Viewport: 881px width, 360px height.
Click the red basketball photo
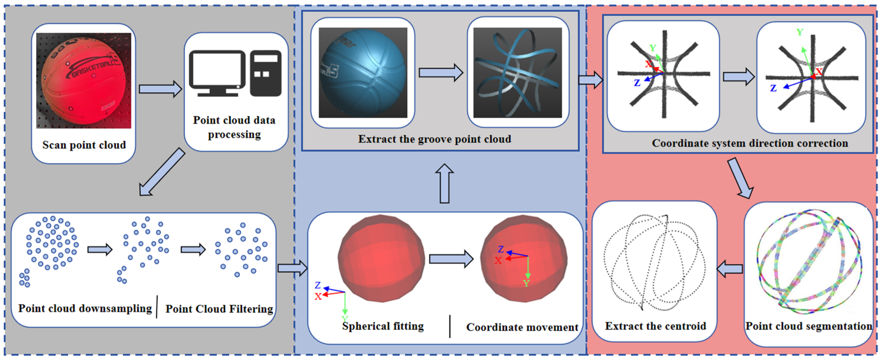(84, 81)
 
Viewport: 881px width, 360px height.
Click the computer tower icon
(266, 73)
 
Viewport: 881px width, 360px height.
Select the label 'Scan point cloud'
(84, 145)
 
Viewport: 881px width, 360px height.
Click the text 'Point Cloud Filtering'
(219, 309)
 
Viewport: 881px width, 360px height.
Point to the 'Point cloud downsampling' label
(85, 308)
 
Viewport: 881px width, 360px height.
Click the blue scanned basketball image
(363, 73)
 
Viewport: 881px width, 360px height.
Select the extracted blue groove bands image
(517, 73)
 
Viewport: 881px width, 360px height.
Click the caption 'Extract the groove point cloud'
(435, 139)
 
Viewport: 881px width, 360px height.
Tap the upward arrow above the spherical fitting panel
(444, 184)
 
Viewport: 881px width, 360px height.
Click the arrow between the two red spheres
(451, 259)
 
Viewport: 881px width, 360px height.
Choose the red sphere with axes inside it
(523, 258)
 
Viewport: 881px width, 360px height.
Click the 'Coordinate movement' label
(522, 327)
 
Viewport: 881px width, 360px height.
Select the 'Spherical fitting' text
(383, 326)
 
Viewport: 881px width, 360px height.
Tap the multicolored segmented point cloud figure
(809, 263)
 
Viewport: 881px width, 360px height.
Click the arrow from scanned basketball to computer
(160, 89)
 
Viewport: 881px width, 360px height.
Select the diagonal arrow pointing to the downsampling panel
(162, 172)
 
